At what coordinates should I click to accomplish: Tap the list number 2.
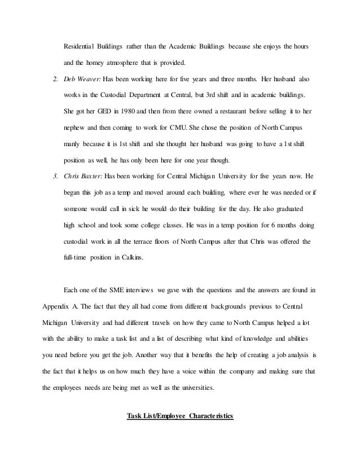coord(55,76)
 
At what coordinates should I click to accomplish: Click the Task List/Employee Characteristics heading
coord(179,417)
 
